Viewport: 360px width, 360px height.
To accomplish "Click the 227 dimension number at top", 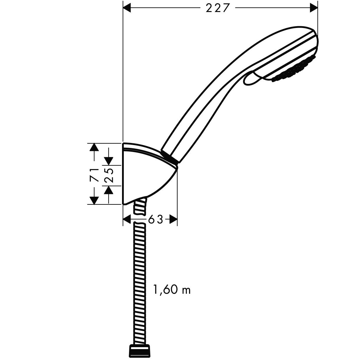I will click(216, 8).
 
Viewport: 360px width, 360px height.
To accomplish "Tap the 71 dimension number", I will click(94, 174).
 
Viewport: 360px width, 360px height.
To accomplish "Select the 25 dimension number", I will click(109, 175).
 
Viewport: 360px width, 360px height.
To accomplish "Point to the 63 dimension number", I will click(156, 219).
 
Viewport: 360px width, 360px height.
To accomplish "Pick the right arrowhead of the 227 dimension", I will click(313, 8).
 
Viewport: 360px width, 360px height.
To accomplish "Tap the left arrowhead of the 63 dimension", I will click(127, 219).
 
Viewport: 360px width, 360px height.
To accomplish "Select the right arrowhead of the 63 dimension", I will click(174, 219).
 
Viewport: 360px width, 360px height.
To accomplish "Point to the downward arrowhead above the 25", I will click(109, 160).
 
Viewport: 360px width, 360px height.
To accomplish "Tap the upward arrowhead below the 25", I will click(109, 190).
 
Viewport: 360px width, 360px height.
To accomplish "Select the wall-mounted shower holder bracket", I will click(146, 175).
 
